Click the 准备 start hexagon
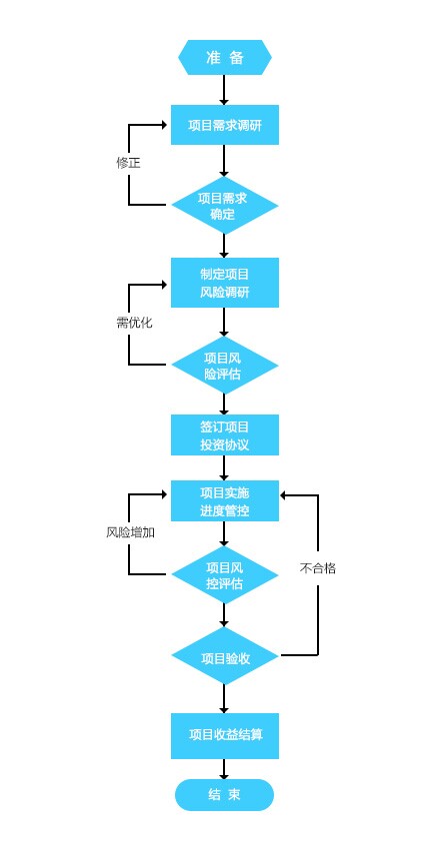pyautogui.click(x=225, y=58)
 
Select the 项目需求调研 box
pyautogui.click(x=225, y=125)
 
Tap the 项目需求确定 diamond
pyautogui.click(x=225, y=205)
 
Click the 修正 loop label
pyautogui.click(x=128, y=163)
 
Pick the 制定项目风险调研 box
pyautogui.click(x=225, y=283)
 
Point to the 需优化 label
pyautogui.click(x=134, y=323)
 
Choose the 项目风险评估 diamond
pyautogui.click(x=225, y=366)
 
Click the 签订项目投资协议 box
pyautogui.click(x=225, y=434)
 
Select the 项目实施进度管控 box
pyautogui.click(x=225, y=501)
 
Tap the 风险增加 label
pyautogui.click(x=131, y=532)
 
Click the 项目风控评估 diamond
pyautogui.click(x=225, y=574)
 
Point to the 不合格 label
pyautogui.click(x=318, y=568)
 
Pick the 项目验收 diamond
pyautogui.click(x=225, y=655)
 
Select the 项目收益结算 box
pyautogui.click(x=225, y=736)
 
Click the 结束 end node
pyautogui.click(x=225, y=795)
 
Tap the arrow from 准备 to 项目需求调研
pyautogui.click(x=225, y=90)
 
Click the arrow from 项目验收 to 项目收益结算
pyautogui.click(x=225, y=699)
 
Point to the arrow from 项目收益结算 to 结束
pyautogui.click(x=225, y=769)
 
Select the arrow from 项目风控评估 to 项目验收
pyautogui.click(x=225, y=615)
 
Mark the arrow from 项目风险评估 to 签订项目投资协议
pyautogui.click(x=225, y=405)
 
